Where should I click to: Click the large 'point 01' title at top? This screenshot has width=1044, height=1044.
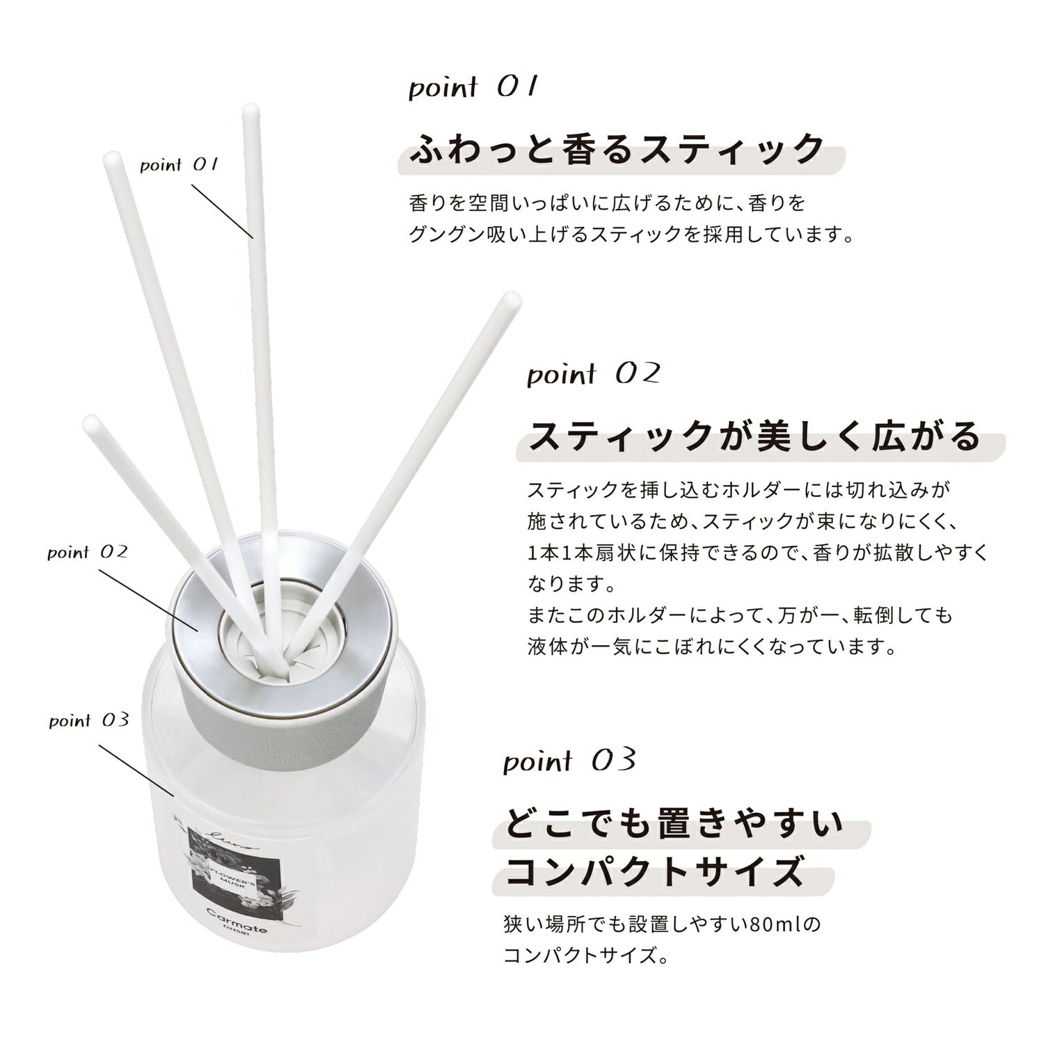coord(473,88)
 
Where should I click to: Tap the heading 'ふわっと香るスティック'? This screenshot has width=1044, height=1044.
coord(617,149)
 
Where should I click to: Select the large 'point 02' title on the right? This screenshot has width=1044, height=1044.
coord(593,374)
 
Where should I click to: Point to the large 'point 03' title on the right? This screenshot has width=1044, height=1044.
coord(570,761)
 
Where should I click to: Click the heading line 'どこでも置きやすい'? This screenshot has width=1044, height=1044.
coord(674,823)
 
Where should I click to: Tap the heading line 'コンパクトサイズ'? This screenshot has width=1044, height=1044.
coord(654,871)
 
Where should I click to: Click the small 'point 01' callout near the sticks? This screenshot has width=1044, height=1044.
coord(180,165)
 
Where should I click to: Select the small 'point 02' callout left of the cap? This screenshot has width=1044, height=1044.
coord(88,553)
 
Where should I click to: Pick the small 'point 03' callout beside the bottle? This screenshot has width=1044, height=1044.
coord(89,720)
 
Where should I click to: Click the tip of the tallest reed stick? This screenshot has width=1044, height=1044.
coord(251,109)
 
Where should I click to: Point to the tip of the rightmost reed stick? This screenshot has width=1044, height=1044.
coord(513,300)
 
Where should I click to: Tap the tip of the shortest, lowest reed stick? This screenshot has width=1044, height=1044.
coord(90,422)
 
